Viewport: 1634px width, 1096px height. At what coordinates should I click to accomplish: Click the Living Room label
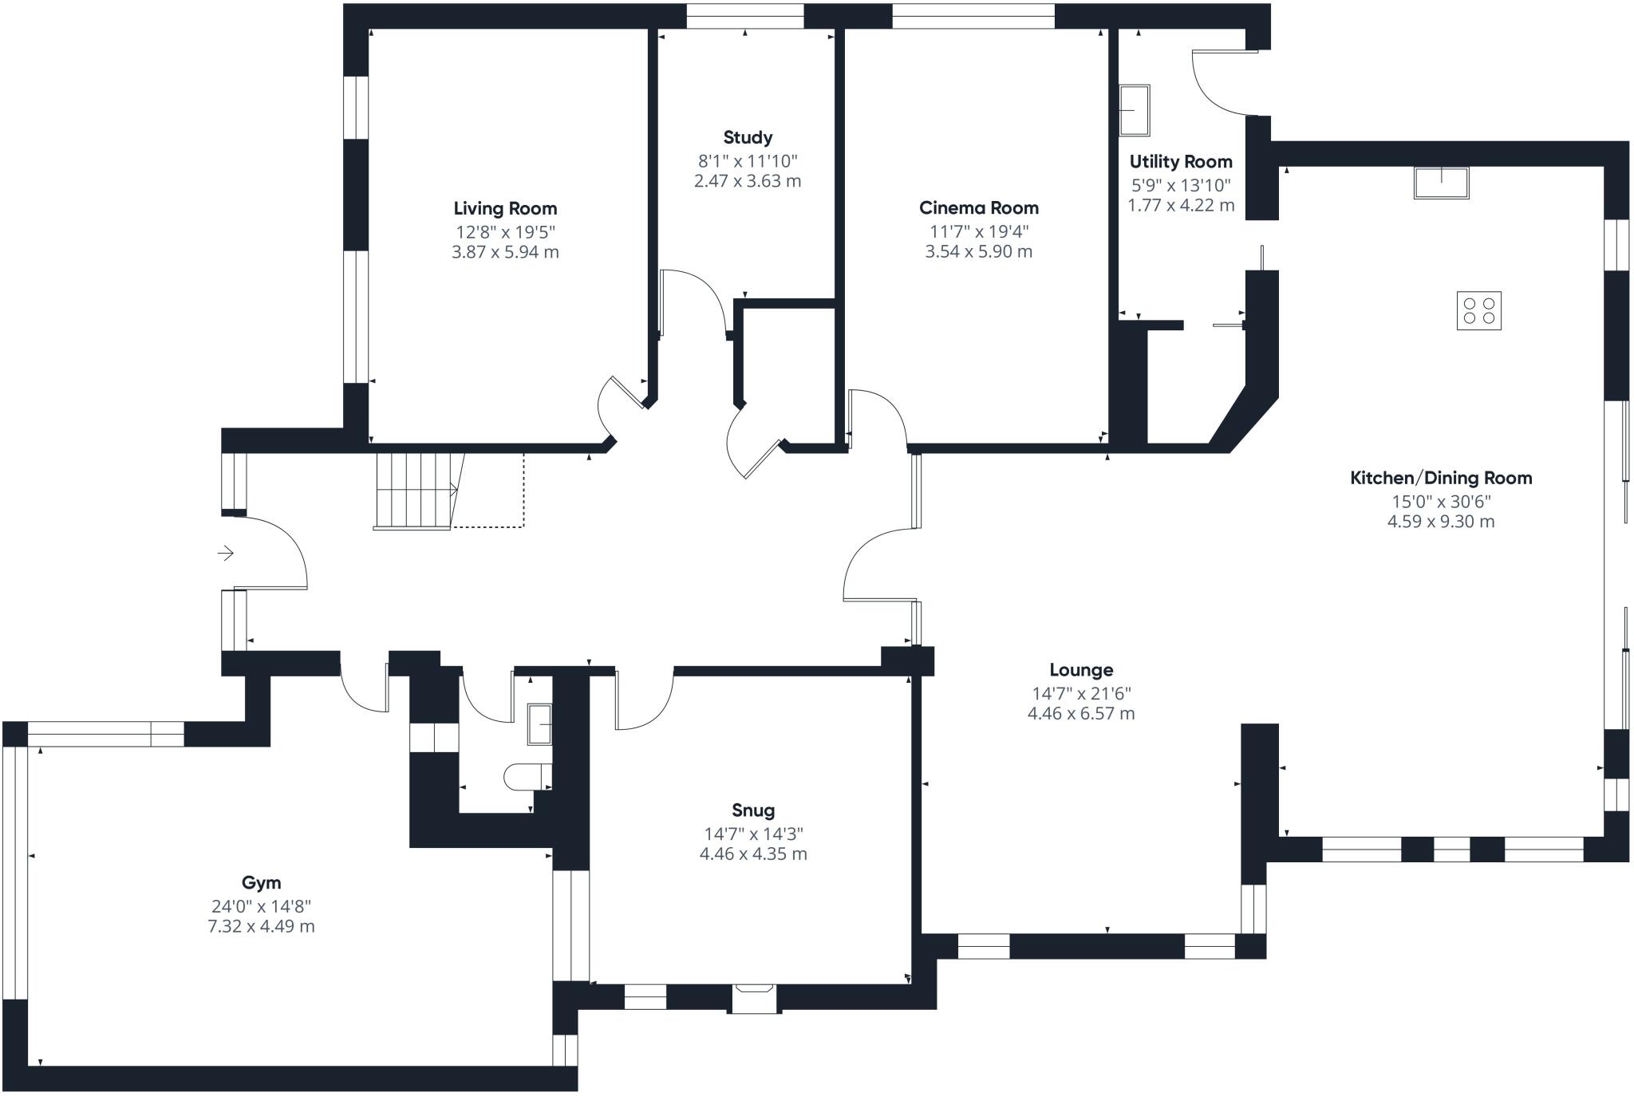pos(505,209)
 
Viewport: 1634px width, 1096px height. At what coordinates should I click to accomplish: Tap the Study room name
pos(748,138)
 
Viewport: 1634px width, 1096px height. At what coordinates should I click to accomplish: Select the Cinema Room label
pos(979,208)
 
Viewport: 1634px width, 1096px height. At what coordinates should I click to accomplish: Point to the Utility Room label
pos(1181,162)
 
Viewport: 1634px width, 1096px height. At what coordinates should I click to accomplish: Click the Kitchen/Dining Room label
pos(1441,478)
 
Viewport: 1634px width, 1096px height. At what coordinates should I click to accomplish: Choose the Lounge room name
pos(1081,670)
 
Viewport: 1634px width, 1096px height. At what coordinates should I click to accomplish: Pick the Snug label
pos(753,810)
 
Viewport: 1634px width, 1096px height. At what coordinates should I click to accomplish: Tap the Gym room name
pos(262,882)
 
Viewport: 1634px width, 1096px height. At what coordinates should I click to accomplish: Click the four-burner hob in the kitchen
pos(1479,310)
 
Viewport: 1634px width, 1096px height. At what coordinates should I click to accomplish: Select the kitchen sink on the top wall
pos(1441,183)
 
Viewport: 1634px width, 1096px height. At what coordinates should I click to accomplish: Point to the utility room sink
pos(1135,110)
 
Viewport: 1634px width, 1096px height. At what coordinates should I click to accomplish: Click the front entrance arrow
pos(226,553)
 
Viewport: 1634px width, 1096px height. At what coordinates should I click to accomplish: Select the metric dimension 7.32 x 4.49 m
pos(262,926)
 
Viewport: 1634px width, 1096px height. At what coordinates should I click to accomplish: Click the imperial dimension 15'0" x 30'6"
pos(1441,501)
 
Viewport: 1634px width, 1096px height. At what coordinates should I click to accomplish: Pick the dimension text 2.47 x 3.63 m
pos(748,181)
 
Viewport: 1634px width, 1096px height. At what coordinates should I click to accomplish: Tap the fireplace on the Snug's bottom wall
pos(755,998)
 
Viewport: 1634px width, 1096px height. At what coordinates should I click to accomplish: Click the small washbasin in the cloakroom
pos(540,724)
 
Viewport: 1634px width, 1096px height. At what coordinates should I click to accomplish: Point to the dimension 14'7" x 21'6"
pos(1081,693)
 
